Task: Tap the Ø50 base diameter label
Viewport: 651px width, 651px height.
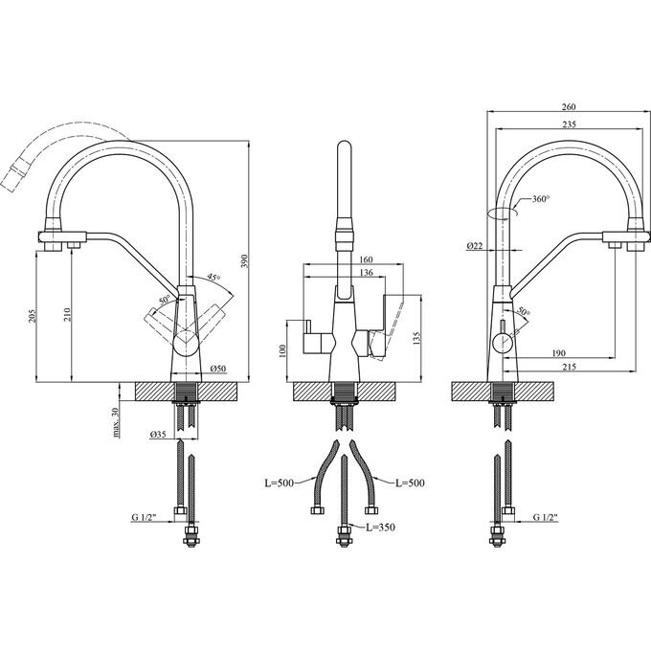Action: coord(217,369)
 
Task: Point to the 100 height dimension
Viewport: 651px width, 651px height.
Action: coord(281,350)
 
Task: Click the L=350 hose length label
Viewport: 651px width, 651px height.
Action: coord(379,528)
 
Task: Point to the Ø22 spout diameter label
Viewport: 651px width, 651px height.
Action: coord(475,246)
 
